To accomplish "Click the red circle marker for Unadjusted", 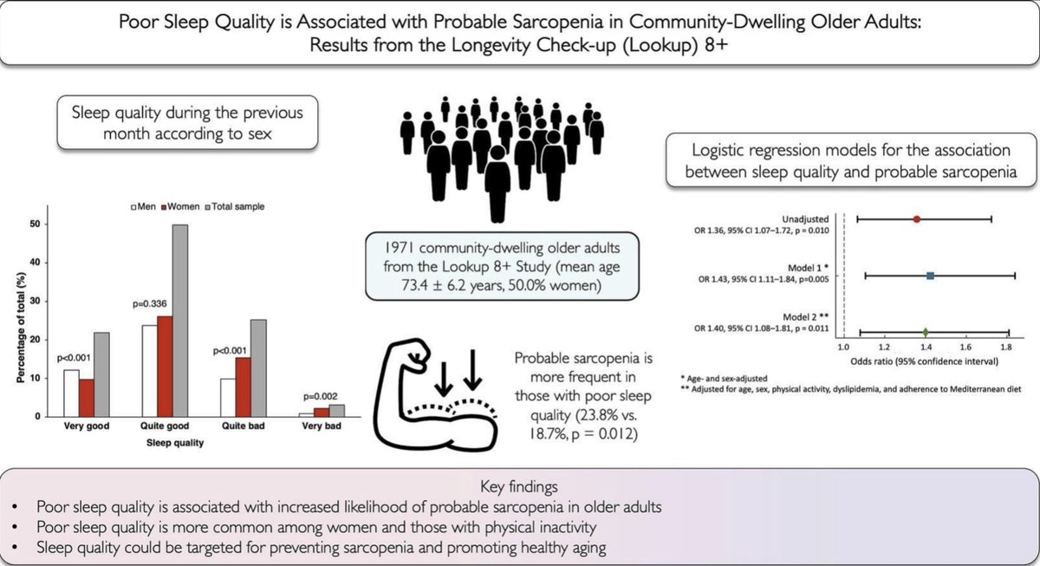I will point(916,219).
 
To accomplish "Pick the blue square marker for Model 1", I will point(930,276).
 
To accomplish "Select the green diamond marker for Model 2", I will point(926,332).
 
